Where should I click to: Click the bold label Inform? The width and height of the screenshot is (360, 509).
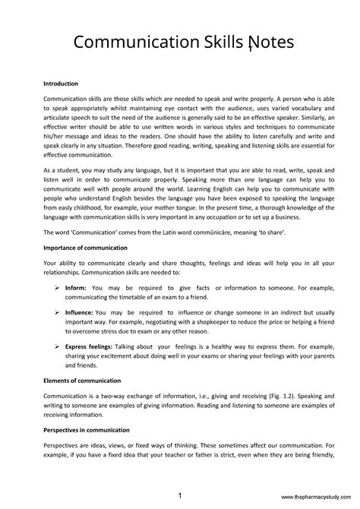tap(76, 289)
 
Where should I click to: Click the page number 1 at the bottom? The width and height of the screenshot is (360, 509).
tap(178, 494)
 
